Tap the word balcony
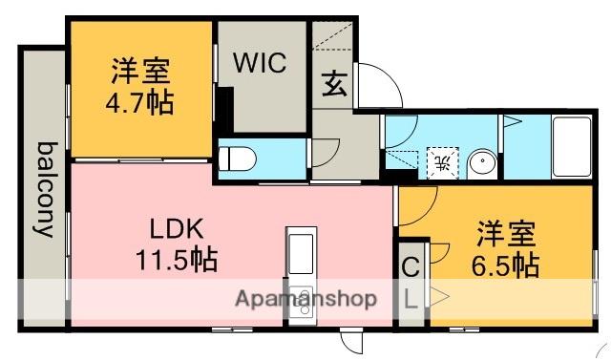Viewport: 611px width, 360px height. click(45, 188)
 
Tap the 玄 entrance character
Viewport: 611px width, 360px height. click(333, 84)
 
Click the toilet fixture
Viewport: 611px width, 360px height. click(238, 158)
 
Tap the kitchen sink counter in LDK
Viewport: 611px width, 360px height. click(300, 254)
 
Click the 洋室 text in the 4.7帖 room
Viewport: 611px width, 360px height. click(138, 72)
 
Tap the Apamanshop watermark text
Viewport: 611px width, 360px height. click(306, 298)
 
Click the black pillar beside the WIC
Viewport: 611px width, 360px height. click(224, 106)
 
